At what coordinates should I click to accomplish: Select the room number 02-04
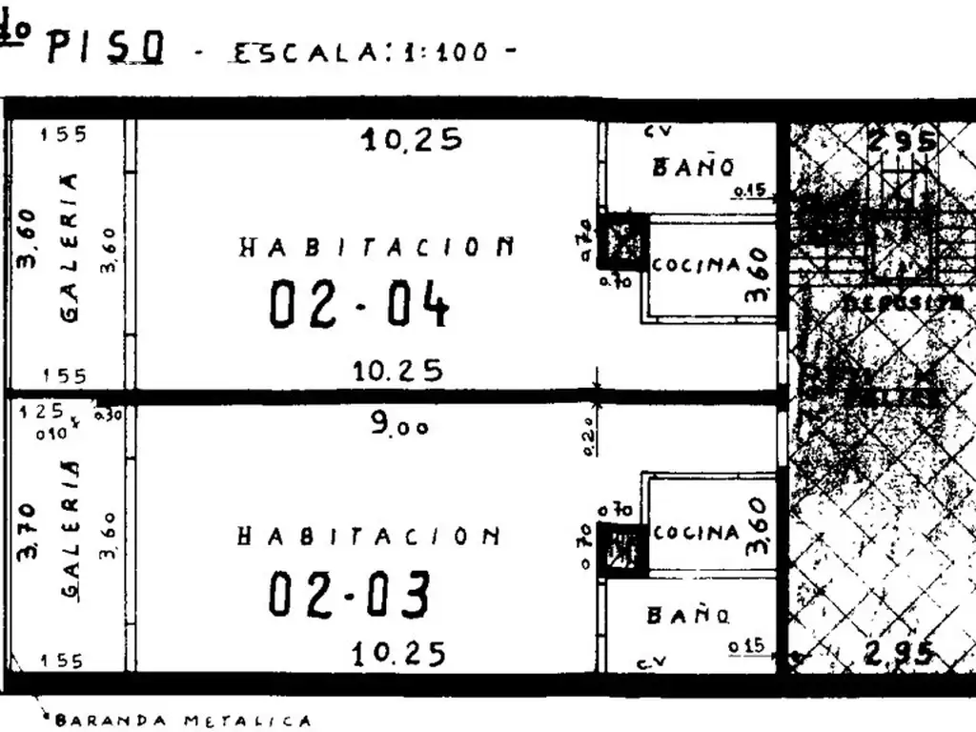358,305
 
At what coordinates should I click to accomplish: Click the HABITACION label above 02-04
376,248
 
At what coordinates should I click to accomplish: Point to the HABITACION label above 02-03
368,537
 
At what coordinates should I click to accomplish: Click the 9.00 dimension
399,424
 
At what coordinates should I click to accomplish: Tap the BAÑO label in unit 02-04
693,168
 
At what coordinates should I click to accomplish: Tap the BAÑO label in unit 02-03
689,616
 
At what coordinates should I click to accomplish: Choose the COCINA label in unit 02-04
696,265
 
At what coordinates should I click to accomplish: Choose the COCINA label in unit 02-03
697,533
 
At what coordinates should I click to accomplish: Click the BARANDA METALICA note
182,721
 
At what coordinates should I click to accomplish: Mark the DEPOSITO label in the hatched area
902,301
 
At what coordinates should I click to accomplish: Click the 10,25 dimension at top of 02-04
411,140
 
